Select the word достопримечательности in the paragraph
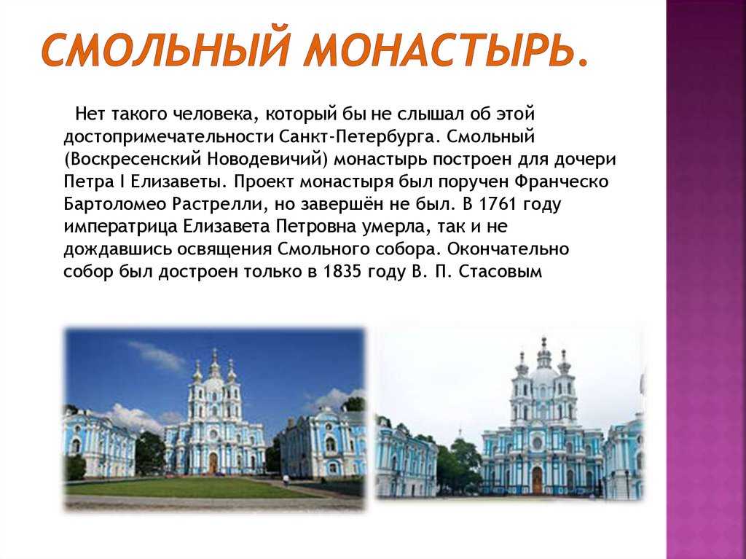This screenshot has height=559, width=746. click(169, 138)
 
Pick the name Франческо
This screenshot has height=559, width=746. click(562, 181)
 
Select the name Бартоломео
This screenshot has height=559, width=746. click(115, 204)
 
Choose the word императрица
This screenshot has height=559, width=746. click(121, 227)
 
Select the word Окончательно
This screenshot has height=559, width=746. click(508, 249)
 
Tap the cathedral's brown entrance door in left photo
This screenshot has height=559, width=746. click(213, 463)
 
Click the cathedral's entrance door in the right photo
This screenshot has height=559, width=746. click(537, 480)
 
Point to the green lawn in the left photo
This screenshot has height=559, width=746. click(190, 488)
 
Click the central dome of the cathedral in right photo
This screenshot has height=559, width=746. click(543, 375)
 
